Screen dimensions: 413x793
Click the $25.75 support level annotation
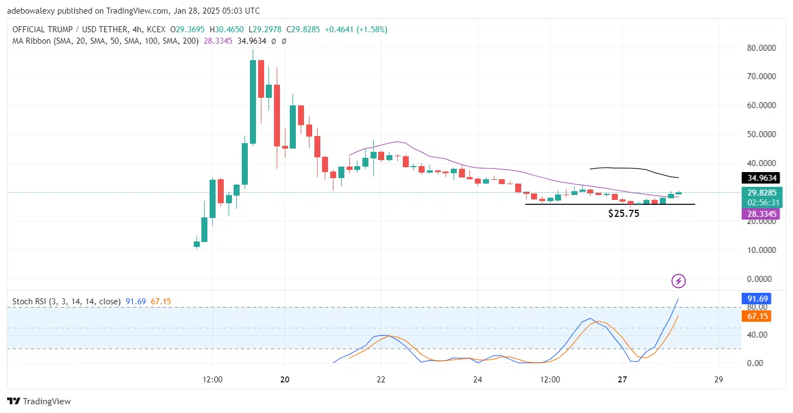click(x=623, y=214)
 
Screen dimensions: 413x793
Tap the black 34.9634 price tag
click(x=761, y=178)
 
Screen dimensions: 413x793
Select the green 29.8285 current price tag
click(x=761, y=192)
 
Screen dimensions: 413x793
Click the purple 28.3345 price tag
click(x=761, y=214)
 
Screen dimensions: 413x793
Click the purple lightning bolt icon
click(x=678, y=281)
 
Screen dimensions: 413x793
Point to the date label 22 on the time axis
click(x=381, y=380)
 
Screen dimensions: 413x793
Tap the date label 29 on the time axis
click(x=718, y=380)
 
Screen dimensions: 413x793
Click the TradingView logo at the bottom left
click(x=39, y=401)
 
